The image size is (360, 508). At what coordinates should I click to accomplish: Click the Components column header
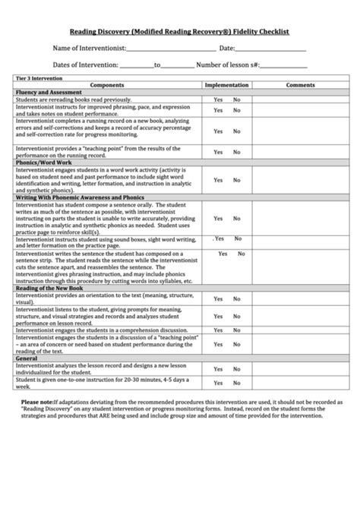pyautogui.click(x=107, y=85)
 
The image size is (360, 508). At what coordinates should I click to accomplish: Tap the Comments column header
pyautogui.click(x=300, y=85)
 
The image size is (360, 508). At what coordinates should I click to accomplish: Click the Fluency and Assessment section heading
pyautogui.click(x=47, y=92)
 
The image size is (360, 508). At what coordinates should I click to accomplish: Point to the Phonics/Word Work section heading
pyautogui.click(x=43, y=162)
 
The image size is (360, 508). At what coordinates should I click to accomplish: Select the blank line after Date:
pyautogui.click(x=278, y=50)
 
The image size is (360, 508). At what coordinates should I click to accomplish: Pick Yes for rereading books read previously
pyautogui.click(x=218, y=99)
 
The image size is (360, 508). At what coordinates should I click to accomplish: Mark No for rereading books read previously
pyautogui.click(x=236, y=99)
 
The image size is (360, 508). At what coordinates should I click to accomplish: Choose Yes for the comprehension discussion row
pyautogui.click(x=218, y=330)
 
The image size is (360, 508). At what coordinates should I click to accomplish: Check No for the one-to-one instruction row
pyautogui.click(x=236, y=382)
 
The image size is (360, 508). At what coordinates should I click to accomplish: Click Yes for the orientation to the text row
pyautogui.click(x=218, y=299)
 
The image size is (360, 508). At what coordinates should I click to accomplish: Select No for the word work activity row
pyautogui.click(x=236, y=180)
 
